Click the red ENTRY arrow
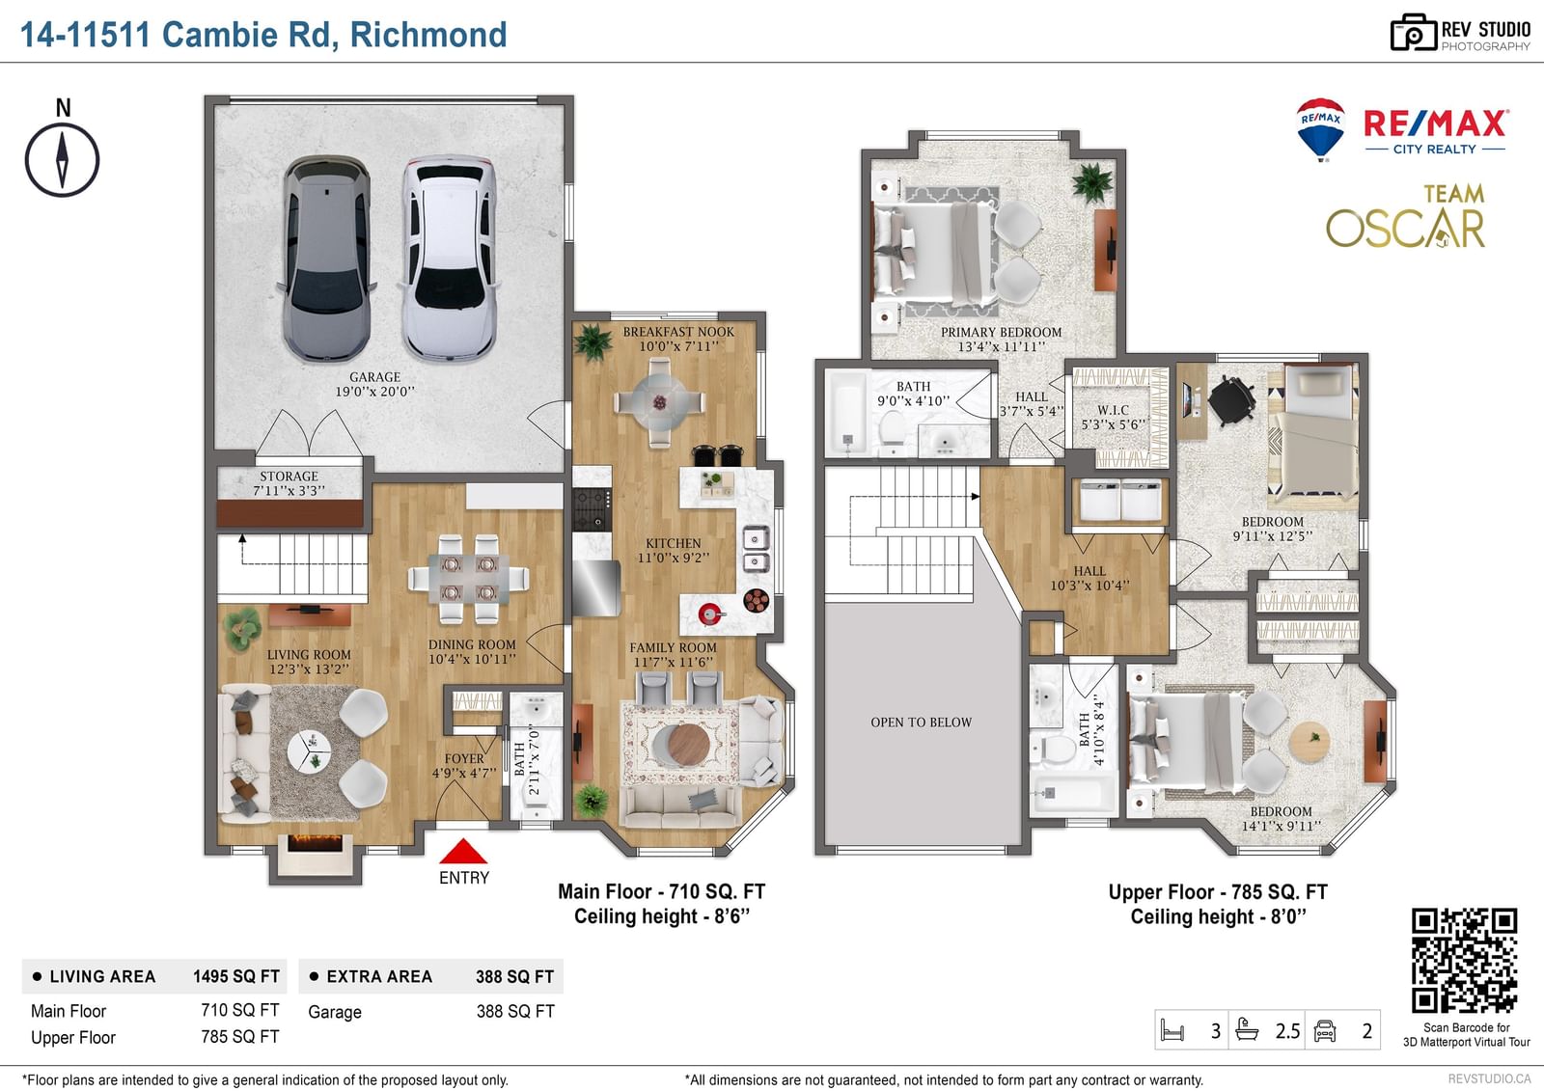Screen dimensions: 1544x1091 [x=463, y=851]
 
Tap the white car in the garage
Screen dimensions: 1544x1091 [x=450, y=258]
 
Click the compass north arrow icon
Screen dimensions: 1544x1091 [x=62, y=160]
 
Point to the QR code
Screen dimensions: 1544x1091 [x=1465, y=961]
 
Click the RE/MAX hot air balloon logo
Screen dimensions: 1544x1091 [x=1320, y=129]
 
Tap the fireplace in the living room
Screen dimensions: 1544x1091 [x=315, y=844]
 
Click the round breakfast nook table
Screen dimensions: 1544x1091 [x=659, y=402]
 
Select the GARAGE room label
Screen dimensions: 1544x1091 [x=375, y=385]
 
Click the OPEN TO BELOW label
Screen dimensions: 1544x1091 [x=921, y=723]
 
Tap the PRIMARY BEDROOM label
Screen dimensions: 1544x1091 [x=1001, y=340]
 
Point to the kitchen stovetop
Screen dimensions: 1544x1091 [x=592, y=508]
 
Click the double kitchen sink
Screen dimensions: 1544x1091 [x=756, y=549]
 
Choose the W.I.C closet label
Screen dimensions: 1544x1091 [x=1114, y=417]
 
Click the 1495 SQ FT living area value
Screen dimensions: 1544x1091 [x=235, y=976]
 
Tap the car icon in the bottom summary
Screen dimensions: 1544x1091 [x=1325, y=1031]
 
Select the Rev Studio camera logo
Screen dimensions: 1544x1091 [x=1413, y=33]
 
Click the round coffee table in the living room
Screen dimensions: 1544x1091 [x=309, y=750]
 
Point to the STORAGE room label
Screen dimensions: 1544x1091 [x=289, y=483]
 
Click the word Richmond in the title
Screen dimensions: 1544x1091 [x=428, y=35]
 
